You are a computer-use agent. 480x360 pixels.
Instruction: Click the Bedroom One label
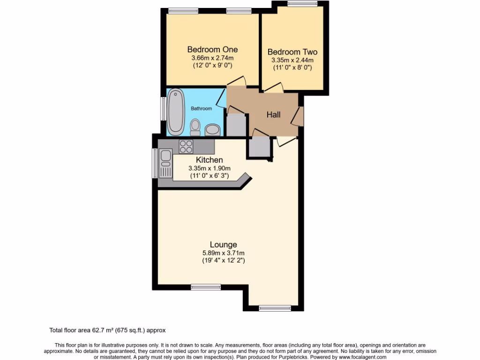click(212, 49)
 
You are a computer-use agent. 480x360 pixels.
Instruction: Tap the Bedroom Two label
click(292, 52)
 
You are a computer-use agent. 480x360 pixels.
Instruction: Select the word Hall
click(273, 114)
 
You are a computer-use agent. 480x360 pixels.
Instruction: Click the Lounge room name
click(223, 244)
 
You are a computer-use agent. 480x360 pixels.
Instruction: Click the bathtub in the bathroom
click(176, 111)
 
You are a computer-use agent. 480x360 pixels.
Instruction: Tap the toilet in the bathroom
click(195, 127)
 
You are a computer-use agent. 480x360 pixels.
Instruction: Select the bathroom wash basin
click(212, 129)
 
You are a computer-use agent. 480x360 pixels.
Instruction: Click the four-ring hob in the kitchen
click(186, 147)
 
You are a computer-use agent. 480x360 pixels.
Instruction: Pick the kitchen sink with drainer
click(165, 163)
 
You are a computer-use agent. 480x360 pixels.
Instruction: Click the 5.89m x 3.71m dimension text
click(223, 253)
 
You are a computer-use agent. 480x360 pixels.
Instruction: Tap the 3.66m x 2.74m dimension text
click(212, 58)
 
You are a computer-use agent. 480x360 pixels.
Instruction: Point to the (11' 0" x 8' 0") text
click(292, 67)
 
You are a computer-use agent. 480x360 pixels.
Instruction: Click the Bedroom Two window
click(301, 4)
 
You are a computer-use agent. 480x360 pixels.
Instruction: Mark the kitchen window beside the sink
click(155, 163)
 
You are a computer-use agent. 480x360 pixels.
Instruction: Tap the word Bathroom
click(201, 108)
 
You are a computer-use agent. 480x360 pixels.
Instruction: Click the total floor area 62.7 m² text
click(107, 330)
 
